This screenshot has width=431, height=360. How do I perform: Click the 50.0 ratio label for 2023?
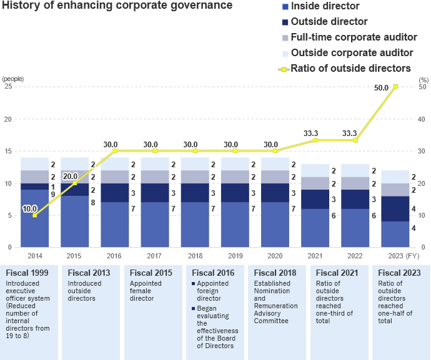(381, 88)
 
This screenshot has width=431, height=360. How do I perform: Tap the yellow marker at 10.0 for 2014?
(35, 215)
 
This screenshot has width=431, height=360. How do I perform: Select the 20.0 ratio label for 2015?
(70, 177)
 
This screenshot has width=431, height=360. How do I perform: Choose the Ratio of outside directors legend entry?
(350, 68)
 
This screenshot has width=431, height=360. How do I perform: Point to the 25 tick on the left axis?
(8, 87)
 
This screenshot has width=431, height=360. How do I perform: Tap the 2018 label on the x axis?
(195, 255)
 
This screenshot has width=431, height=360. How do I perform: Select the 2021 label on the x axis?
(315, 255)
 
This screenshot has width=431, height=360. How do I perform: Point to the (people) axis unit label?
(12, 79)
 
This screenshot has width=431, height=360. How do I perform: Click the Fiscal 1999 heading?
(27, 273)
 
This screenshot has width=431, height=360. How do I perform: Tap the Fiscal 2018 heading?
(275, 273)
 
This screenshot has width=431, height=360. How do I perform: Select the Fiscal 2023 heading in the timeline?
(399, 273)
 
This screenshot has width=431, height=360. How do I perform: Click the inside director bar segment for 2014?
(35, 218)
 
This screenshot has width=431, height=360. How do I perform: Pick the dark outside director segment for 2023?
(395, 209)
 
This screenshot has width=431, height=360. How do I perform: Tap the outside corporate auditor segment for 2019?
(235, 164)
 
